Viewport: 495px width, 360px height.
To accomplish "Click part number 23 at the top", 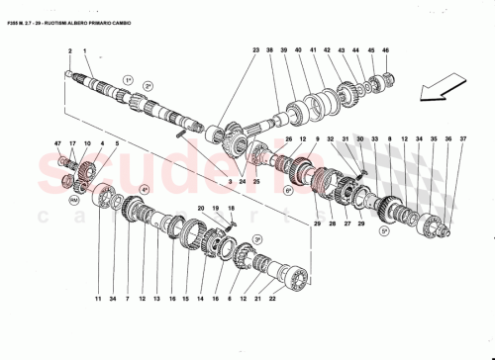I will coord(254,50).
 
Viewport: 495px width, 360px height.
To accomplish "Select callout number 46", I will coord(386,50).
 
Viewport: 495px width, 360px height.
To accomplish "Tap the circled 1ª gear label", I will coord(128,78).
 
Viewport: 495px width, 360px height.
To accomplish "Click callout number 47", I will coord(58,144).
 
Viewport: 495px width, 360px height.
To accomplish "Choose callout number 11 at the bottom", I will coord(98,298).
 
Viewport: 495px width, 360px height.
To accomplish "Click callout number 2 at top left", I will coord(70,50).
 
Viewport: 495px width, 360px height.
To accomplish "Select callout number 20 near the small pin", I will coord(201,209).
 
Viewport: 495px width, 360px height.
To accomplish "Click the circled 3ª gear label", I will coord(256,239).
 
